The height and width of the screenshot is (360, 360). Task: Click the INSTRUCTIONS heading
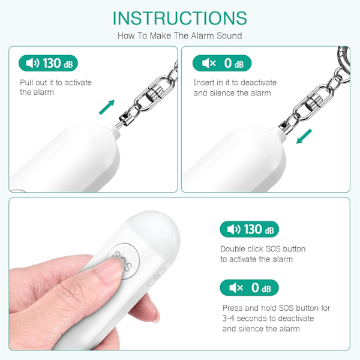pyautogui.click(x=180, y=18)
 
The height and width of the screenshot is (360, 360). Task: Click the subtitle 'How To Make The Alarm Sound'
pyautogui.click(x=180, y=36)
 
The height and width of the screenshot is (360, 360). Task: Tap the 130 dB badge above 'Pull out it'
pyautogui.click(x=48, y=63)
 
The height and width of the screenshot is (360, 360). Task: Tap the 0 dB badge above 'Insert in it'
pyautogui.click(x=222, y=63)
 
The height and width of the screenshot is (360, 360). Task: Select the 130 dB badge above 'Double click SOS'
pyautogui.click(x=250, y=229)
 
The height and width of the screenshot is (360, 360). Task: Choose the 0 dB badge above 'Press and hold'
pyautogui.click(x=250, y=287)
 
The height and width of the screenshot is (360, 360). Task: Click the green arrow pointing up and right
pyautogui.click(x=107, y=107)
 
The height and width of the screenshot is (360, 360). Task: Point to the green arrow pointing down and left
pyautogui.click(x=304, y=136)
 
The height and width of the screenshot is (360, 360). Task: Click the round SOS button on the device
pyautogui.click(x=123, y=262)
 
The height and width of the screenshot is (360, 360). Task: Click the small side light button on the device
pyautogui.click(x=156, y=277)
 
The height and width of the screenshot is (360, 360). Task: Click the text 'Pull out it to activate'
pyautogui.click(x=56, y=83)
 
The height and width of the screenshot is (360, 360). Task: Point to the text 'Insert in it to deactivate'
pyautogui.click(x=235, y=83)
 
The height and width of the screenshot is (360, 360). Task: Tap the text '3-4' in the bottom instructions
pyautogui.click(x=229, y=319)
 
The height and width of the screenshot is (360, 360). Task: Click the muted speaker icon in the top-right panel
pyautogui.click(x=209, y=63)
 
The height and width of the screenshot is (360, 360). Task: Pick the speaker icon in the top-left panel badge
pyautogui.click(x=32, y=63)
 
